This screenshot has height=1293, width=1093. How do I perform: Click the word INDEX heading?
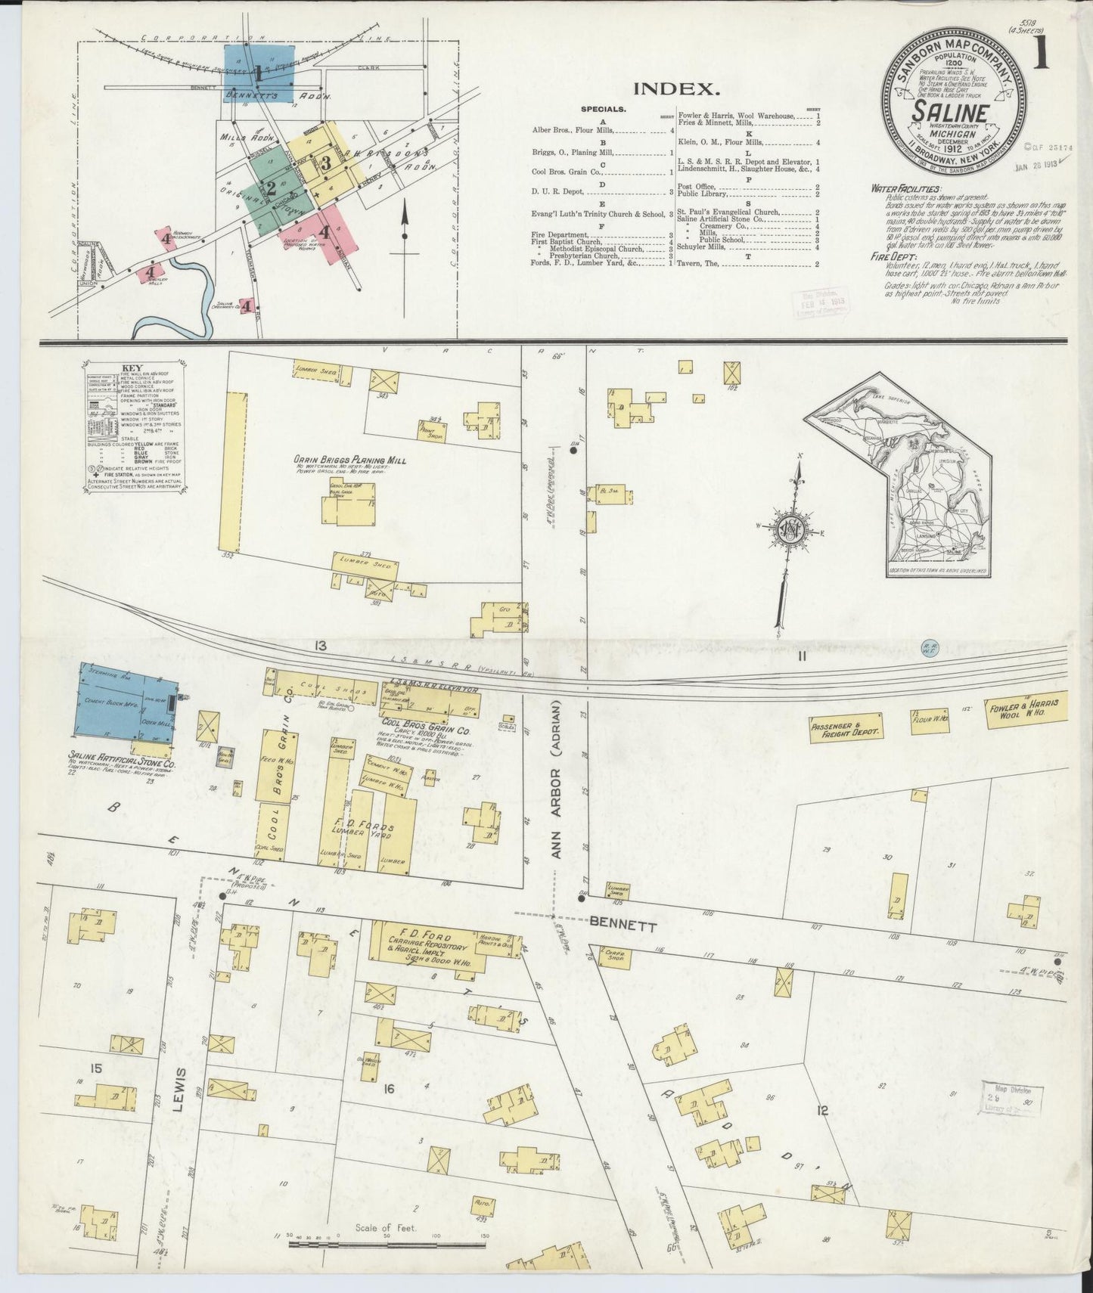(675, 88)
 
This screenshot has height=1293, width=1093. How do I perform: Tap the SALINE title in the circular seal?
(951, 113)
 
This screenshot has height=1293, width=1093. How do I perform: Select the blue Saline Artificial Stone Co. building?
(125, 702)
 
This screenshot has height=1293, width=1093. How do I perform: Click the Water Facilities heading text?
(905, 188)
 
